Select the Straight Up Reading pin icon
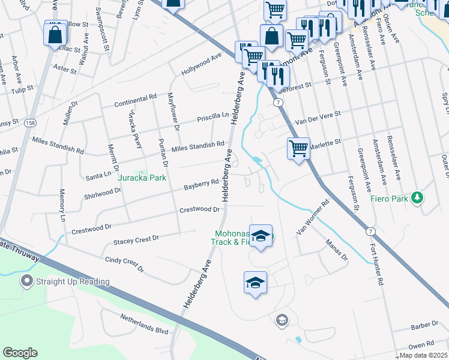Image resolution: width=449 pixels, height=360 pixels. click(x=26, y=281)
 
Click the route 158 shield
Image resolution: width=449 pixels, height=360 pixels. click(x=29, y=123)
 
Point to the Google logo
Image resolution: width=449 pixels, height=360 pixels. click(x=20, y=353)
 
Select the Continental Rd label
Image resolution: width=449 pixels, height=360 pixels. click(x=136, y=100)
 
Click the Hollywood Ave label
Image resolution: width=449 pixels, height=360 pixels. click(x=202, y=63)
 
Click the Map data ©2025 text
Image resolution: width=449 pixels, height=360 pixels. click(x=424, y=355)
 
